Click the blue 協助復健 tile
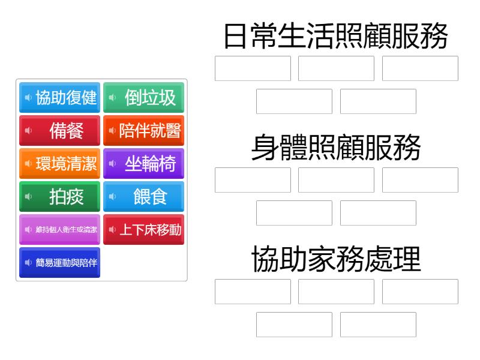59,97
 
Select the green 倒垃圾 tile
143,97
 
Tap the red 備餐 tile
59,130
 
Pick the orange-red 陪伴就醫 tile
143,130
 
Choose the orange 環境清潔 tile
59,163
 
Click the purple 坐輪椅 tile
143,163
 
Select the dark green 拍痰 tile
59,197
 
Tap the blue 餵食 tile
143,197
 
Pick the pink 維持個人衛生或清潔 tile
59,230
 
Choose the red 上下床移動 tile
143,230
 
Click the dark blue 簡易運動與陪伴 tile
59,263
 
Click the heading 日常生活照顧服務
336,36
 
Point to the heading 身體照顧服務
336,148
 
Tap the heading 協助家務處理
336,259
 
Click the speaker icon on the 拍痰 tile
28,197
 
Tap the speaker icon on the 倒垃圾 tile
112,97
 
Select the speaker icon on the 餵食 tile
112,197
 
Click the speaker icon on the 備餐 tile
28,130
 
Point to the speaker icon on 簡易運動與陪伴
28,263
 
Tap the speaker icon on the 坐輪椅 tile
112,163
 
